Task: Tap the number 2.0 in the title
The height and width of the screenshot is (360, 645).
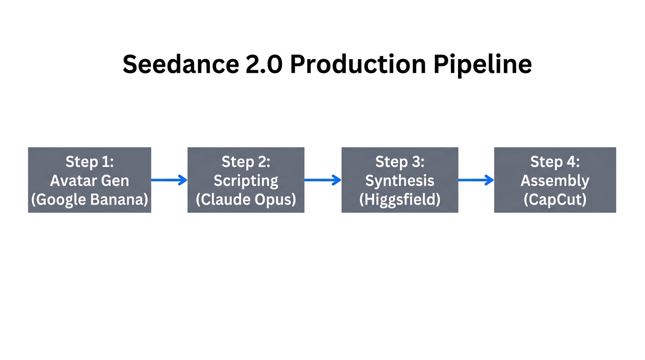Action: coord(264,64)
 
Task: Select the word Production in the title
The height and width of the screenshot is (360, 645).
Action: coord(358,64)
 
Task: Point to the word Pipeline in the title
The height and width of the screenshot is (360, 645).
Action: coord(482,64)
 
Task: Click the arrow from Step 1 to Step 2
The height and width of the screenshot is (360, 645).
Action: coord(169,180)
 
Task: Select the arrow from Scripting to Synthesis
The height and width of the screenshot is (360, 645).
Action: coord(322,180)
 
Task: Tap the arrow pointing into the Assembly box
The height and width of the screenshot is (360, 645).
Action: coord(476,180)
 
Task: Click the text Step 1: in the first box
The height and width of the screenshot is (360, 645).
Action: coord(90,162)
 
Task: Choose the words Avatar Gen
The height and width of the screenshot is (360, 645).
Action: coord(90,180)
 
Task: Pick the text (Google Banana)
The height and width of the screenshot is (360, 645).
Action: coord(90,200)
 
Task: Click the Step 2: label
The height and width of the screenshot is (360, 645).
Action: coord(246,162)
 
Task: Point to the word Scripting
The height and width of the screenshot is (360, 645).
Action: coord(246,180)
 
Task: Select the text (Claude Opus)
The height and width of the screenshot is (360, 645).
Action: coord(246,200)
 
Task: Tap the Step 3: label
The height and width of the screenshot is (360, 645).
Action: coord(400,162)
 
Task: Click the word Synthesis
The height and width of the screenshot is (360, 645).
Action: coord(400,180)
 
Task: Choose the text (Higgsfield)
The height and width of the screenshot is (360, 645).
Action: coord(400,200)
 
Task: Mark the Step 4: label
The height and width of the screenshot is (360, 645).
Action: coord(555,162)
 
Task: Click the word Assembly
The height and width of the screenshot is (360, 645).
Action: coord(555,180)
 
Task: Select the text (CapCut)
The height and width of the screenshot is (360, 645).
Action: coord(555,200)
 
